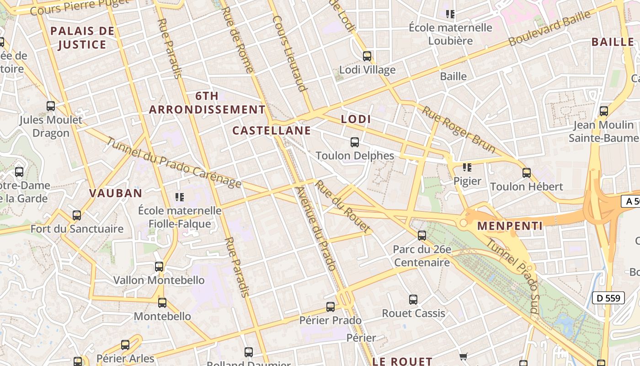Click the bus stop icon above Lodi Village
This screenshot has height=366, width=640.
(x=367, y=56)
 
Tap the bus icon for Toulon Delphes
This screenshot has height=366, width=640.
(x=355, y=142)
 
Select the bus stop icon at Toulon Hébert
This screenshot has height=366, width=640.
(x=527, y=173)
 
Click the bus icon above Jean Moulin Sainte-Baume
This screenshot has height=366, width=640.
(x=604, y=111)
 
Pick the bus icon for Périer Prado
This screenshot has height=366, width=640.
(x=331, y=307)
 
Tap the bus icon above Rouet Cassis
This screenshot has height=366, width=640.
(x=413, y=300)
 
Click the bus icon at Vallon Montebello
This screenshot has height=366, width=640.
(x=159, y=266)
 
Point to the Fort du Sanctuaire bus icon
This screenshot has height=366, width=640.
(x=77, y=215)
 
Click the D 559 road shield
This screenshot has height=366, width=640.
(x=608, y=298)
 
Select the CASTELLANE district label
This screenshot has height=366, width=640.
(x=272, y=131)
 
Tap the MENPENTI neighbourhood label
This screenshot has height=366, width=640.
(x=510, y=226)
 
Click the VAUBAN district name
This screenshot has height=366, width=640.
(x=116, y=193)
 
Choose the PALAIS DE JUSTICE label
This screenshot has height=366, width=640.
(x=82, y=38)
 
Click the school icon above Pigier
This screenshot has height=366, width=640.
(x=467, y=167)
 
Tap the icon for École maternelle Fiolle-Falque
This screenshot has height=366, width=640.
(x=180, y=197)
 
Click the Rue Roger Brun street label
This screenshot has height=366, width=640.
(x=459, y=129)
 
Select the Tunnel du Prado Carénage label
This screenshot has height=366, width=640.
(x=174, y=163)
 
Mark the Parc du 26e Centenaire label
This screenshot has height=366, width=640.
(x=422, y=256)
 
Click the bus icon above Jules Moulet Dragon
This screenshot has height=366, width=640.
(x=51, y=106)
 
